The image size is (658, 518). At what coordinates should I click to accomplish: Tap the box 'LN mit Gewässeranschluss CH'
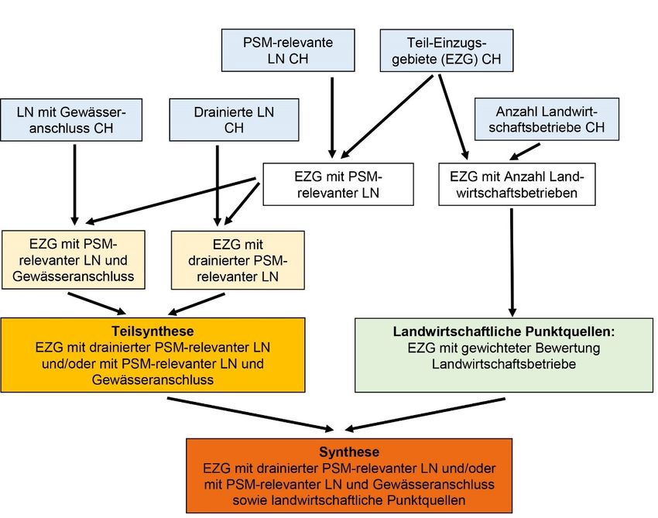point(71,119)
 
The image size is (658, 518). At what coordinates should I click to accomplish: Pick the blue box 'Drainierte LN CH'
point(234,119)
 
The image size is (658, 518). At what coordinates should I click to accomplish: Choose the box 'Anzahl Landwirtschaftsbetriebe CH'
point(547,119)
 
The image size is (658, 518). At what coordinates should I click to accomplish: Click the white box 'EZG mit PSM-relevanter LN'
point(338,184)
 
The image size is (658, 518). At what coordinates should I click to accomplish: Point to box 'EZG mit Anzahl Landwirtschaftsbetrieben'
point(516,184)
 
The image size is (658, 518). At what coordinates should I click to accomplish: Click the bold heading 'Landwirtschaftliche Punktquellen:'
point(504,331)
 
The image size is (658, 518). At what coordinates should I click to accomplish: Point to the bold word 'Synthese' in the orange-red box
point(349,451)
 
